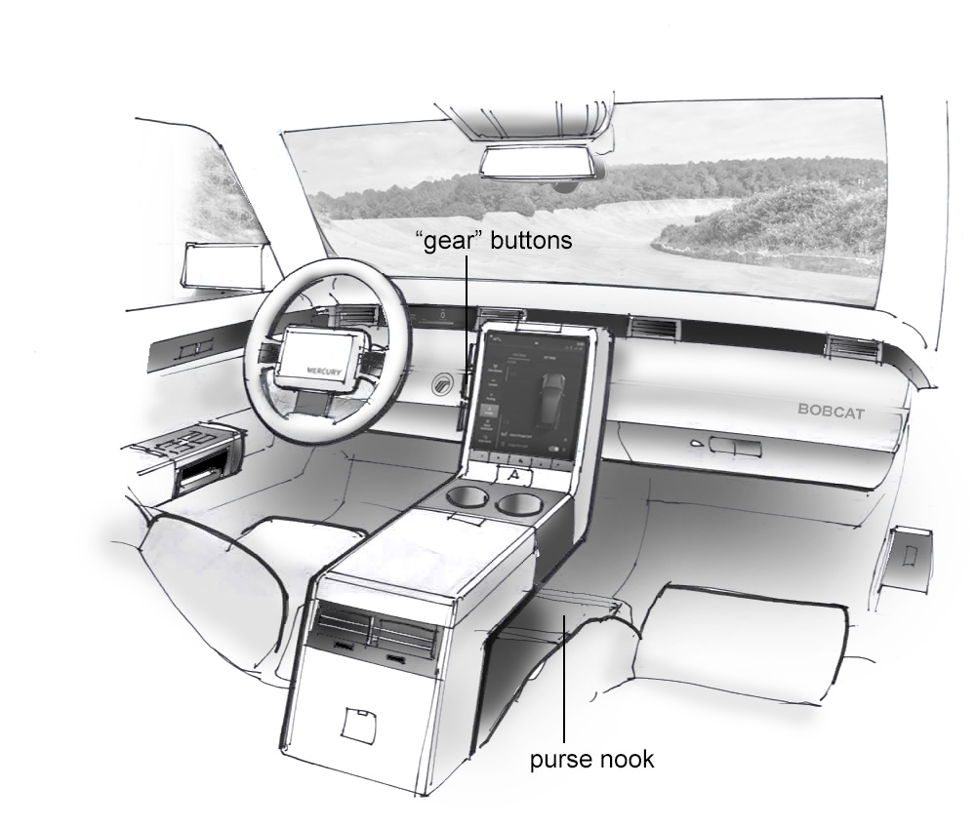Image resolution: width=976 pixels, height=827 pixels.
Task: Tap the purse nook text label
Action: pyautogui.click(x=591, y=759)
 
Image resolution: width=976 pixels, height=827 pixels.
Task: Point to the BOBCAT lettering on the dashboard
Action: pyautogui.click(x=831, y=411)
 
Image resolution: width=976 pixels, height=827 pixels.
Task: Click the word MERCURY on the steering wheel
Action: pyautogui.click(x=321, y=371)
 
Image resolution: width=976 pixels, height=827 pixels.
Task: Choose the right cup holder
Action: pyautogui.click(x=520, y=504)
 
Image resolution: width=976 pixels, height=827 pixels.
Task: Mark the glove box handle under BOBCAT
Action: pyautogui.click(x=734, y=446)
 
